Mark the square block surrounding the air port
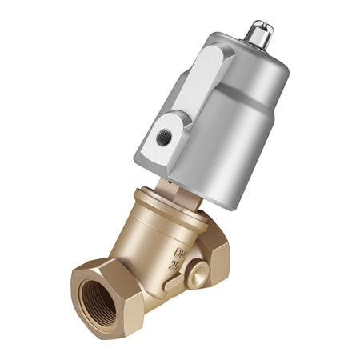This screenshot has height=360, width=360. tap(164, 138)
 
